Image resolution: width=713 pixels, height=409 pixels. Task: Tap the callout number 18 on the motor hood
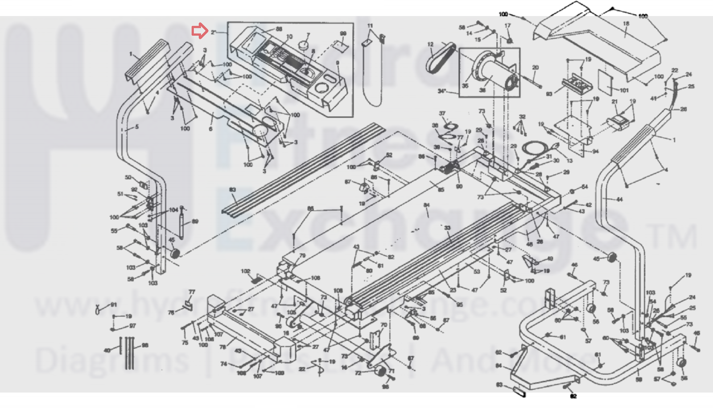point(626,24)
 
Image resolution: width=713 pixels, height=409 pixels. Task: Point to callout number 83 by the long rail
point(232,190)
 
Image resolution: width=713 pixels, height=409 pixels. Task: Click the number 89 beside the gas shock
point(195,221)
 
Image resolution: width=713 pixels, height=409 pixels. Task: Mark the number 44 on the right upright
point(619,199)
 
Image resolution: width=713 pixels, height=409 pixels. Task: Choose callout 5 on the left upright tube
point(136,127)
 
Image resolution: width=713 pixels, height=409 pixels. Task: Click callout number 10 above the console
point(289,37)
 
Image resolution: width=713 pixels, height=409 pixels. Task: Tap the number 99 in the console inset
point(343,33)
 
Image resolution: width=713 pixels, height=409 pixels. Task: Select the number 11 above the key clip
point(370,26)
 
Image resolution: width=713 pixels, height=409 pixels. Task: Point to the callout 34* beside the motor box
point(442,91)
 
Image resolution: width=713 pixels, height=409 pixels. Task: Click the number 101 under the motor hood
point(624,90)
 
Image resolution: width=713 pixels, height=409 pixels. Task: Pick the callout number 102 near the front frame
point(245,271)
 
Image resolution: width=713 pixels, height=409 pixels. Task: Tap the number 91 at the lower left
point(114,305)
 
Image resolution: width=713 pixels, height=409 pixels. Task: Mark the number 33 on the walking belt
point(447,228)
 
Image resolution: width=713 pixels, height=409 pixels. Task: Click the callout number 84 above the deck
point(426,205)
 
